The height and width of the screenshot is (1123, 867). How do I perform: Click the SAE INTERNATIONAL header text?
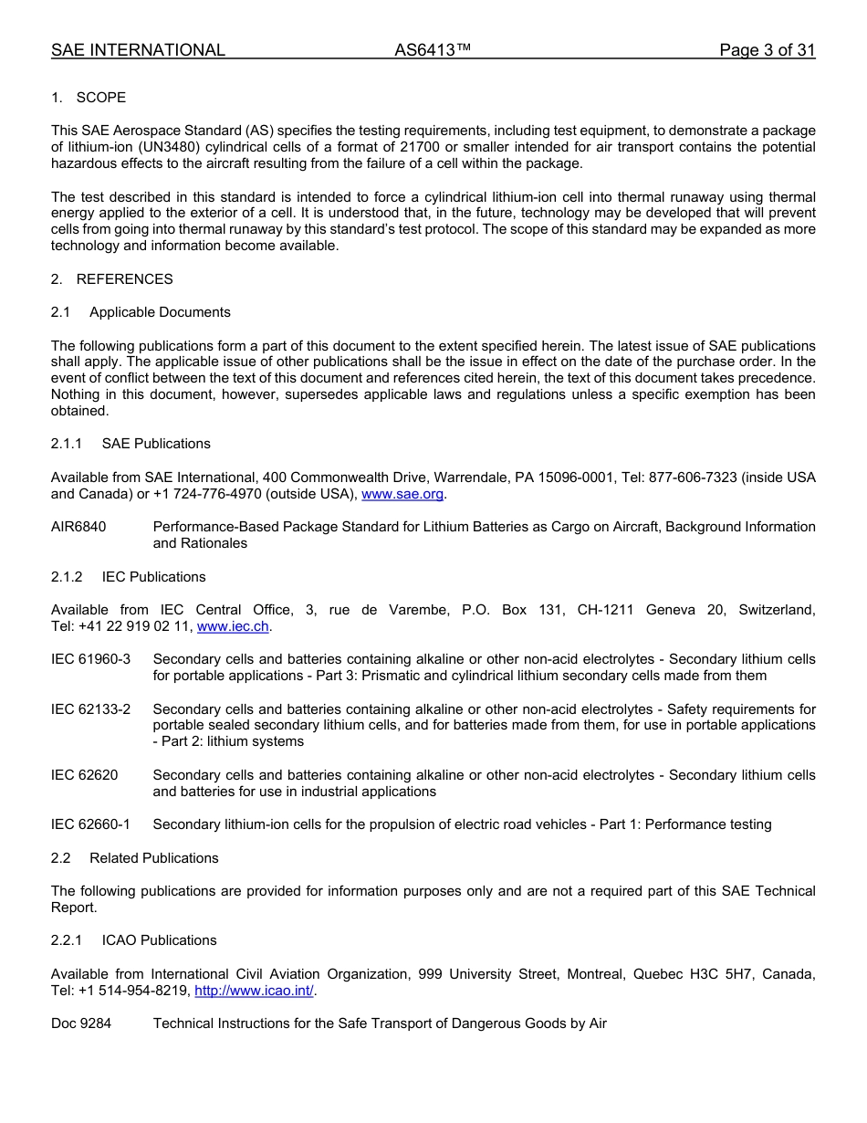click(138, 50)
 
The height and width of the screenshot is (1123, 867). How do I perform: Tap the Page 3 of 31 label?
click(767, 50)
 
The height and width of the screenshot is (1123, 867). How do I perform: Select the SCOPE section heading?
click(100, 98)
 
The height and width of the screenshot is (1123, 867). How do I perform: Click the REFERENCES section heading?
click(124, 279)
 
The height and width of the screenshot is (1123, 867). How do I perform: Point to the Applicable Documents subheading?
click(160, 312)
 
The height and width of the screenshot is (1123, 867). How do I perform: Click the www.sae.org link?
click(402, 494)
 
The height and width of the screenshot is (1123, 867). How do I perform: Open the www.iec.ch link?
click(233, 626)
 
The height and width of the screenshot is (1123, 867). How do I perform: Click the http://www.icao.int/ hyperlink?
click(255, 991)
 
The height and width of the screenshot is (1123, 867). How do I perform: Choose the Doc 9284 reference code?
click(81, 1023)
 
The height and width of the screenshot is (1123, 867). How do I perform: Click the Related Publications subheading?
click(153, 858)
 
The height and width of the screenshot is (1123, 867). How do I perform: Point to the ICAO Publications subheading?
click(159, 940)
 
